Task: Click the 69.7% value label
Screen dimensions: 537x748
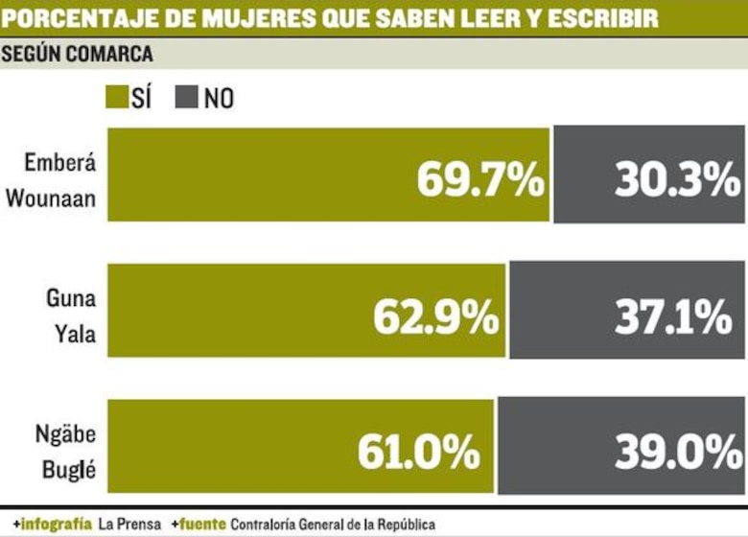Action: pos(480,179)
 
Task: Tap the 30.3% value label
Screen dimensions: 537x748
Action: pos(677,179)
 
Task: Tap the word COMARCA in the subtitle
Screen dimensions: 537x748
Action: pos(110,54)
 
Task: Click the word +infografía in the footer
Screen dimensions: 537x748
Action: pos(52,525)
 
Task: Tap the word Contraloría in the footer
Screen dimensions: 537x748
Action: pos(267,525)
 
